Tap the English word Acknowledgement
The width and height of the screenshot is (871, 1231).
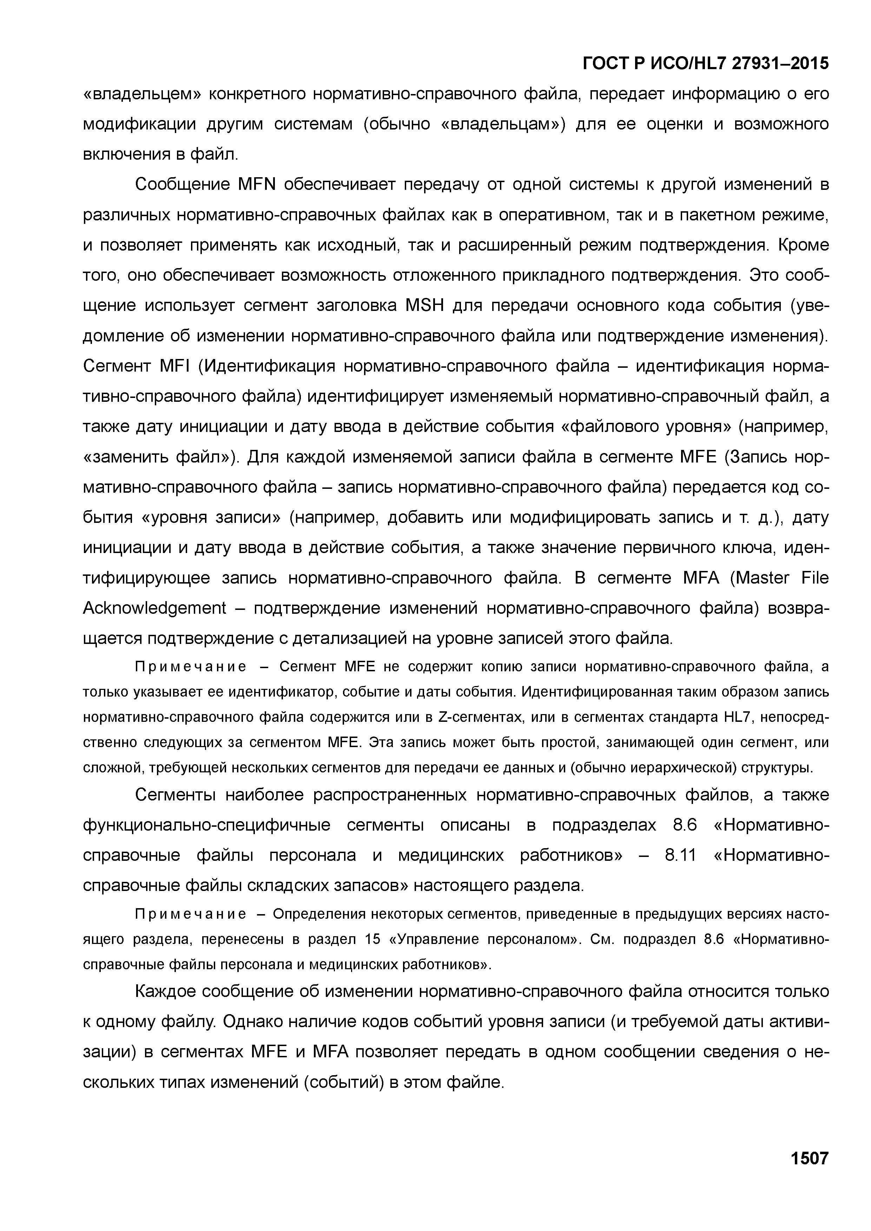[x=155, y=608]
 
